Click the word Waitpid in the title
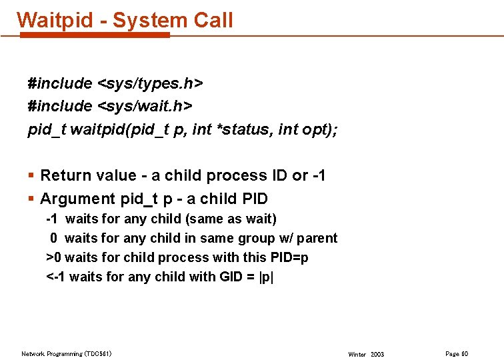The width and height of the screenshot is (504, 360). click(x=55, y=20)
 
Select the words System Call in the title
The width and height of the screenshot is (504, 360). click(x=173, y=20)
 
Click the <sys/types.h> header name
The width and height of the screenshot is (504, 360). click(x=150, y=83)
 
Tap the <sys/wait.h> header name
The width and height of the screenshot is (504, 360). click(x=145, y=106)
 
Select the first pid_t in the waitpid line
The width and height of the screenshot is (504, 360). click(x=47, y=129)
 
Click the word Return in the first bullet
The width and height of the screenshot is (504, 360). click(x=65, y=176)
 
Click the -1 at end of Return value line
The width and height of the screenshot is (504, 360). click(x=319, y=176)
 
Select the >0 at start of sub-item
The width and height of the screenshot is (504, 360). click(x=53, y=257)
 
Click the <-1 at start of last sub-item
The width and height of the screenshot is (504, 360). click(x=56, y=277)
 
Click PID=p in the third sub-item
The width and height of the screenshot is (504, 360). click(x=286, y=257)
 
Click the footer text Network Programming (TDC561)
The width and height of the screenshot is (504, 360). click(x=67, y=353)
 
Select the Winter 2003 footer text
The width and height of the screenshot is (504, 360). click(x=366, y=354)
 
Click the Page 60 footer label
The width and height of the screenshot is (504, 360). click(x=456, y=353)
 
